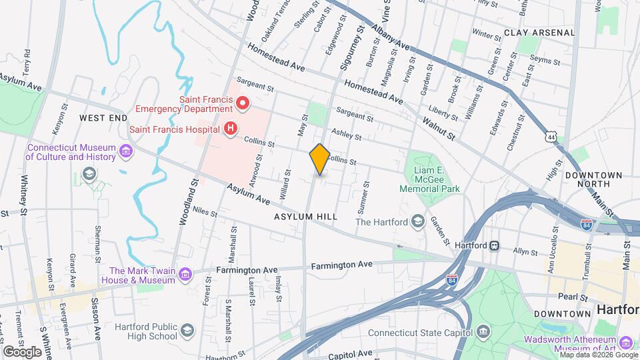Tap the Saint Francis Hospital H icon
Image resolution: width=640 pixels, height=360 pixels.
(231, 127)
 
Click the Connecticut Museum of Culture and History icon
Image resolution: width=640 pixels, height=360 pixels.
(126, 153)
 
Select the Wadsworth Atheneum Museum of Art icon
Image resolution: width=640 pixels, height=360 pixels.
(625, 343)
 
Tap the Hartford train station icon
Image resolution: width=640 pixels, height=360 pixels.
(495, 245)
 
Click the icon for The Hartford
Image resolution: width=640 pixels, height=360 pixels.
(417, 221)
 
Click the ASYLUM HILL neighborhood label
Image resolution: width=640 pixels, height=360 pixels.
(305, 217)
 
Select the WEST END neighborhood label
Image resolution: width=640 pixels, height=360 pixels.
(103, 117)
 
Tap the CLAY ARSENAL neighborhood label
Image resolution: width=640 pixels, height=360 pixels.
(539, 32)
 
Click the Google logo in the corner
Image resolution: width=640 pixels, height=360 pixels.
(22, 351)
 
